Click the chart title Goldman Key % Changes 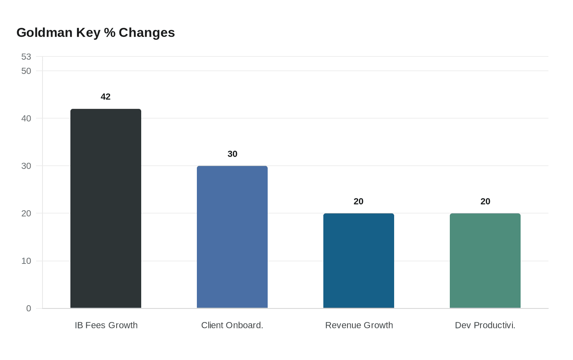tap(95, 32)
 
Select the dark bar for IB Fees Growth tap(106, 209)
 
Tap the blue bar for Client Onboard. tap(232, 237)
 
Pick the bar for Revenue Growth tap(359, 261)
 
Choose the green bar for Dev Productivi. tap(485, 261)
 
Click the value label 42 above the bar tap(106, 97)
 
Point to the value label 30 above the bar tap(232, 154)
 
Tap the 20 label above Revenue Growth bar tap(359, 201)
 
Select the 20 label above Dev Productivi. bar tap(485, 201)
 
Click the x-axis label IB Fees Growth tap(106, 325)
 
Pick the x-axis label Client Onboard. tap(232, 325)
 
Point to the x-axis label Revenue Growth tap(359, 325)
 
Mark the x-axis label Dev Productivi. tap(485, 325)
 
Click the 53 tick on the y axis tap(26, 56)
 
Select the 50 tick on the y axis tap(26, 71)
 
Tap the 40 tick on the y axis tap(26, 118)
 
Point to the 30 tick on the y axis tap(26, 166)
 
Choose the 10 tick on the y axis tap(26, 261)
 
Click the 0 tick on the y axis tap(29, 308)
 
